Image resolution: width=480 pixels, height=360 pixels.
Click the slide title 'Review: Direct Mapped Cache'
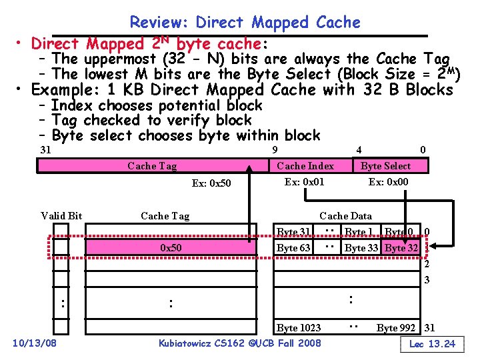(x=245, y=22)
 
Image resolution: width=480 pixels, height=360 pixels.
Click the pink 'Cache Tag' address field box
(x=152, y=166)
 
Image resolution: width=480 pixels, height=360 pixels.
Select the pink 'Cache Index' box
(x=305, y=166)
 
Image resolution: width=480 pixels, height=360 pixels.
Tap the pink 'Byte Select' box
(x=385, y=166)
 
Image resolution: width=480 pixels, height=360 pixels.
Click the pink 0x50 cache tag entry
(x=171, y=248)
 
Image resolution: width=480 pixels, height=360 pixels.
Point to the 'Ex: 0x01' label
(x=305, y=181)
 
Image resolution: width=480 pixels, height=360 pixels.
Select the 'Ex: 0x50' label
(x=211, y=183)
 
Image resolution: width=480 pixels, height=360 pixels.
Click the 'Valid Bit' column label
(x=61, y=215)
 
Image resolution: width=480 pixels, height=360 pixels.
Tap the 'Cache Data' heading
(x=345, y=215)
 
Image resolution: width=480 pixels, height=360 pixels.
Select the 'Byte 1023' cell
(x=299, y=327)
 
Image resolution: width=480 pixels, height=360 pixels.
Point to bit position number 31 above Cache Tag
(x=46, y=149)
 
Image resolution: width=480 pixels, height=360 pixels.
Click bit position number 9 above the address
(x=275, y=149)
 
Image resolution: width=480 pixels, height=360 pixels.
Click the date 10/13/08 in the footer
(x=35, y=343)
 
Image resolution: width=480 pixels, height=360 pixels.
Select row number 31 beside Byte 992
(x=430, y=327)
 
